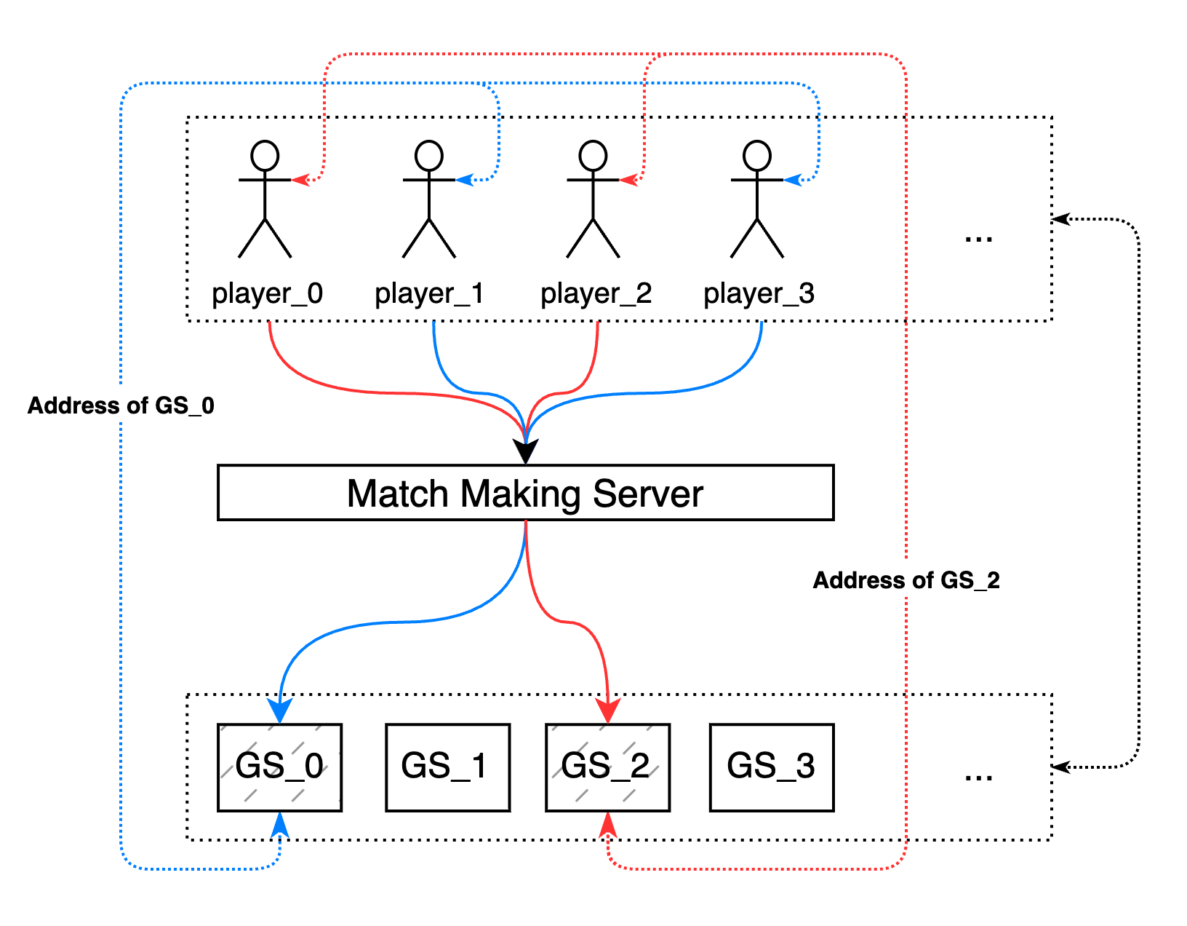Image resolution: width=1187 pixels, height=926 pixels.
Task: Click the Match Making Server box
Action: (525, 493)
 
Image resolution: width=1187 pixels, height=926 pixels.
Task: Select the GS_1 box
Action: (447, 767)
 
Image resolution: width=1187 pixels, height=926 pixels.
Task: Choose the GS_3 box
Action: (771, 767)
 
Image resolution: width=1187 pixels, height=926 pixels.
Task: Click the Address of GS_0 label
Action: (121, 404)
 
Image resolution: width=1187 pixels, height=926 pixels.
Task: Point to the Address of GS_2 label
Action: (906, 579)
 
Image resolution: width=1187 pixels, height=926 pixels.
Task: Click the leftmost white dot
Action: (265, 156)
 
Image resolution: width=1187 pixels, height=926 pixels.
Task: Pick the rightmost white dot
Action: (757, 156)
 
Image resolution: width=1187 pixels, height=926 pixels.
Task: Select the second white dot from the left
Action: (429, 156)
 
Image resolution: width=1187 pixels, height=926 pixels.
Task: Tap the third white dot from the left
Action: (593, 156)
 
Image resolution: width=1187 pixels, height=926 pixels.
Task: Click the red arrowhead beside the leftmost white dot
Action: (299, 179)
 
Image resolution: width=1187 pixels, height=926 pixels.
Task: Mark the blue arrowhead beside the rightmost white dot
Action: (791, 179)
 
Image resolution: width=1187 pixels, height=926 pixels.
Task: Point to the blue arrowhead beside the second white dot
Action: (463, 179)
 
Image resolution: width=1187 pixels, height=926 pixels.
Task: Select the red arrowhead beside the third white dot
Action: (627, 179)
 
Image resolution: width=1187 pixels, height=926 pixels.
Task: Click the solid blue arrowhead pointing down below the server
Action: (280, 710)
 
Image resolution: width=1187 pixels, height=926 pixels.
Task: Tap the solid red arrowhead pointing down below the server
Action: (607, 710)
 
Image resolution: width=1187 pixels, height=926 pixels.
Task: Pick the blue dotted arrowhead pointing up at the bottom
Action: (280, 825)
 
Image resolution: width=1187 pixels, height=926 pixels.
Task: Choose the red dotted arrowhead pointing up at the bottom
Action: (607, 825)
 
